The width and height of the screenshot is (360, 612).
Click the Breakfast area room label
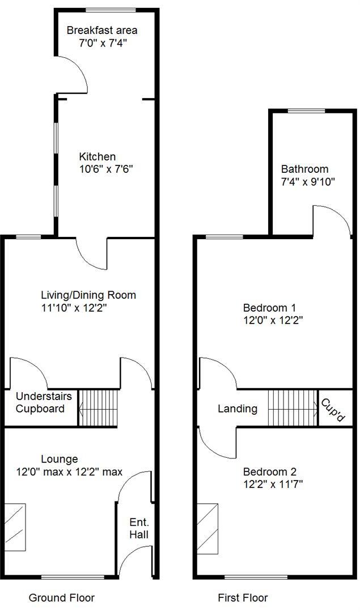click(102, 30)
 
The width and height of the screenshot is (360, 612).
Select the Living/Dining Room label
click(88, 295)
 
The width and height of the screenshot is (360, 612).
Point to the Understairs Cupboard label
click(40, 402)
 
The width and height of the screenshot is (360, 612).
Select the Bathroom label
click(304, 169)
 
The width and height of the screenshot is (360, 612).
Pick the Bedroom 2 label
click(270, 471)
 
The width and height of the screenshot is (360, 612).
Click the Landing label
click(238, 409)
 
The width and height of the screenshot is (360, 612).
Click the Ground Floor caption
click(61, 597)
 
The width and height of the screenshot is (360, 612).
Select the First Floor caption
click(243, 597)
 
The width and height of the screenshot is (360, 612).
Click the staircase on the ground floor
click(99, 408)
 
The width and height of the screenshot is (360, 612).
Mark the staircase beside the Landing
click(293, 408)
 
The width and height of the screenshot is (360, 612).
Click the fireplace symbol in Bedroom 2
click(207, 527)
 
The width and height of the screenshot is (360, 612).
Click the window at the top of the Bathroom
click(307, 110)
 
